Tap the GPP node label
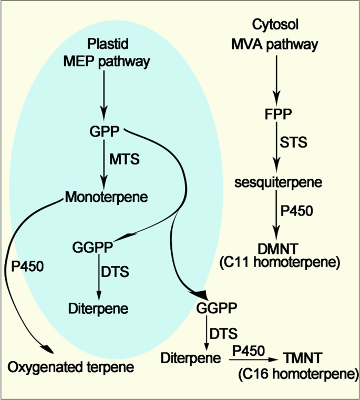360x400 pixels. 105,130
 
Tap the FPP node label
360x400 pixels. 275,114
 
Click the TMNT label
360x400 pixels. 302,360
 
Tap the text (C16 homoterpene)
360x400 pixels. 294,374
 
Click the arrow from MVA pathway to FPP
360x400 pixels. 275,79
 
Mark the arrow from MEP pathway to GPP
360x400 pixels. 105,95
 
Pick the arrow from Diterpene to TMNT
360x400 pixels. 252,360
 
